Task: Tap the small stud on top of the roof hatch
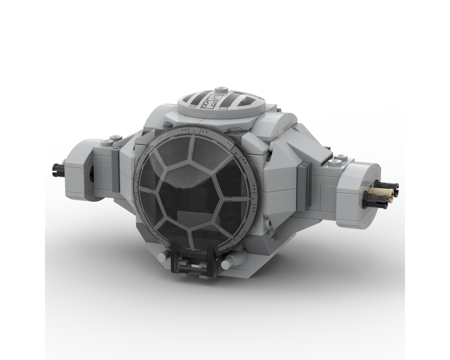pyautogui.click(x=220, y=89)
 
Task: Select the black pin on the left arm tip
pyautogui.click(x=58, y=169)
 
